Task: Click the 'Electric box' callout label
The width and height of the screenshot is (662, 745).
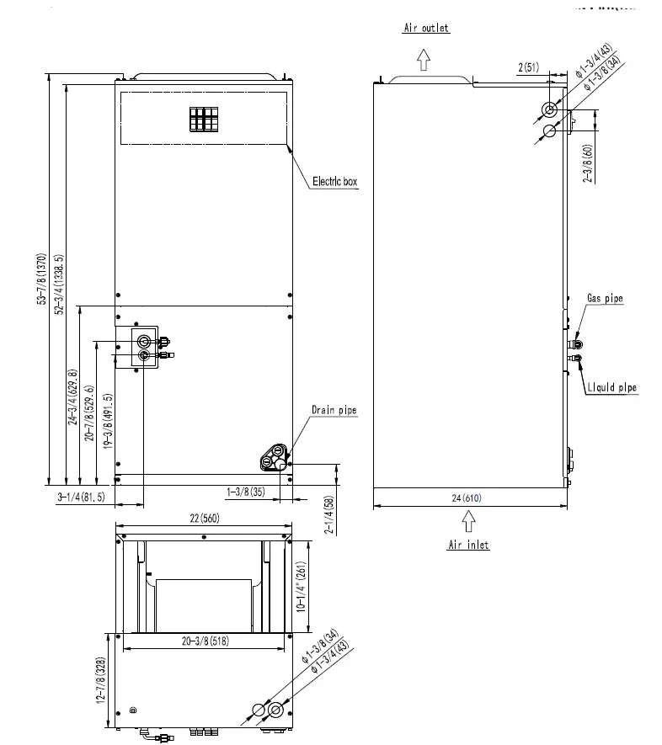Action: (x=335, y=181)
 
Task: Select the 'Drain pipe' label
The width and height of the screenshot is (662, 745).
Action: (x=334, y=410)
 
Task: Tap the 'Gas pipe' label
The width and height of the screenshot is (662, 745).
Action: (x=605, y=299)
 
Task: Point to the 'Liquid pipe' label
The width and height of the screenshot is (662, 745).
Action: (x=611, y=387)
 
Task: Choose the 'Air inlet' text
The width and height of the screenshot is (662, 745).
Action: (x=467, y=545)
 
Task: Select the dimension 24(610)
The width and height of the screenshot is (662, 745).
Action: (x=469, y=498)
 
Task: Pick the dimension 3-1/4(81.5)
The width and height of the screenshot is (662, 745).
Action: (x=81, y=498)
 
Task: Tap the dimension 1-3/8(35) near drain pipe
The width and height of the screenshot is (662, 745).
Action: (x=246, y=491)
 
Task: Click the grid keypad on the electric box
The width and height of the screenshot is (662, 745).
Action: (x=204, y=120)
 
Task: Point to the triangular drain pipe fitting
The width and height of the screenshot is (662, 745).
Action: (x=274, y=457)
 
